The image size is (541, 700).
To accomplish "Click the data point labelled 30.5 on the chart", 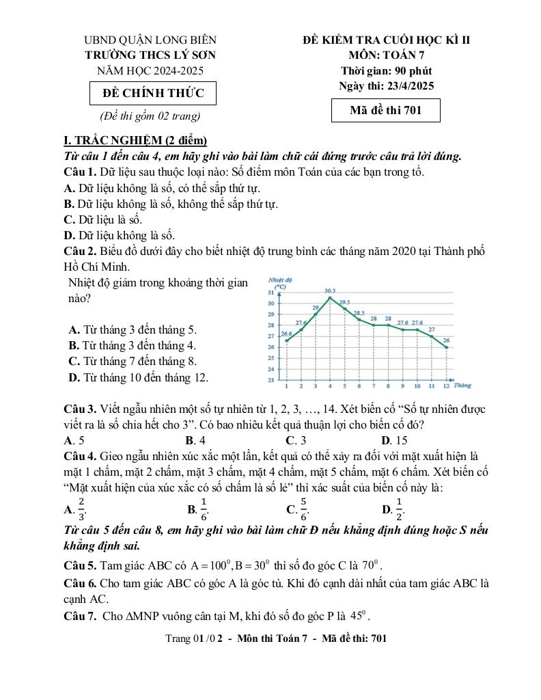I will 330,297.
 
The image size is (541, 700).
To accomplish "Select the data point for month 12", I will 447,347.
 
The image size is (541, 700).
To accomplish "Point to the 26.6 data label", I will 286,334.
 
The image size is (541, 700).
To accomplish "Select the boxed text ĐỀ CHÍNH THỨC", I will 153,94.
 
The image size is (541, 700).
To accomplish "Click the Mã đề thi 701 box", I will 385,110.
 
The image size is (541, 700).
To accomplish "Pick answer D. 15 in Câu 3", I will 394,440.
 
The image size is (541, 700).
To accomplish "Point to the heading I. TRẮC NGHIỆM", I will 130,141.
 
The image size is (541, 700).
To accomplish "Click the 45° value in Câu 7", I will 360,616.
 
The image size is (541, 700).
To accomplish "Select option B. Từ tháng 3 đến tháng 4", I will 132,345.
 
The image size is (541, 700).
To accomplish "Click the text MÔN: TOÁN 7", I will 387,55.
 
